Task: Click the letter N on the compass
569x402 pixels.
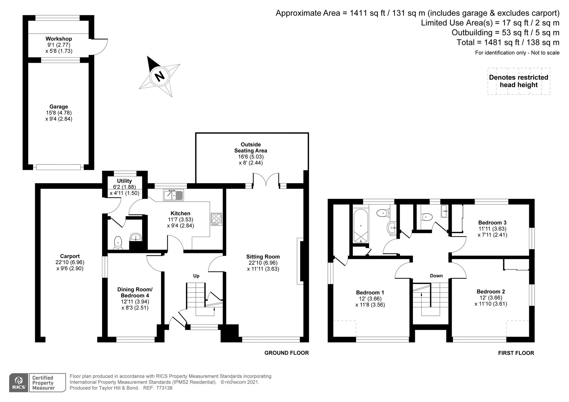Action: click(160, 77)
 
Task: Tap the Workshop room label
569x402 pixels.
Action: click(58, 39)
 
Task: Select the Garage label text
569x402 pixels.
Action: click(58, 107)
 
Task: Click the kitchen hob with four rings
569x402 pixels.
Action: click(216, 219)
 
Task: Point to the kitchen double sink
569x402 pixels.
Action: click(173, 195)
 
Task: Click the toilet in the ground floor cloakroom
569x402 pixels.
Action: click(118, 242)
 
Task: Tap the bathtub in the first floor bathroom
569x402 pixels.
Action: click(361, 226)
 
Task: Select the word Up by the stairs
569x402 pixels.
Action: click(196, 276)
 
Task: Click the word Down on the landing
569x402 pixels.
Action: click(436, 276)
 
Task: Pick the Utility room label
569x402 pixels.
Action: click(124, 181)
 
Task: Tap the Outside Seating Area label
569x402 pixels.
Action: click(251, 148)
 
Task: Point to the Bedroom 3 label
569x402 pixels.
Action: click(492, 223)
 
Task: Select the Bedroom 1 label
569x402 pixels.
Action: click(370, 292)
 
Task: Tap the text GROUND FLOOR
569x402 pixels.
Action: click(286, 353)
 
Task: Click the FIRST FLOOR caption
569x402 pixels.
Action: click(516, 353)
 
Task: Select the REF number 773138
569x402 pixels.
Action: click(164, 388)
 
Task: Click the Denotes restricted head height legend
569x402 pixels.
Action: click(518, 81)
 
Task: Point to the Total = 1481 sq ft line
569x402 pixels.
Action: click(508, 43)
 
